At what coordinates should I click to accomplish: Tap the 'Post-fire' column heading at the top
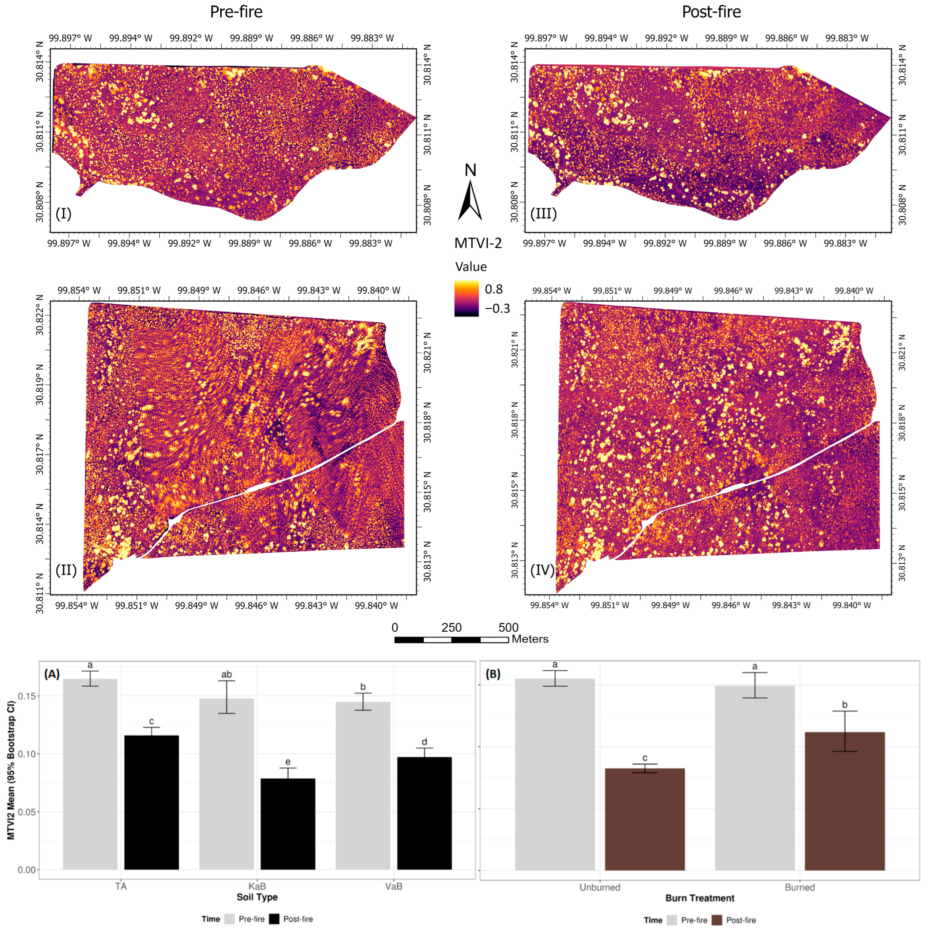pyautogui.click(x=711, y=11)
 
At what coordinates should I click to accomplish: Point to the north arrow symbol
pyautogui.click(x=470, y=200)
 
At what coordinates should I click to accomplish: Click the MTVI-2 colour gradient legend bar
pyautogui.click(x=466, y=299)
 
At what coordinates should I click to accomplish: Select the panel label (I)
pyautogui.click(x=64, y=213)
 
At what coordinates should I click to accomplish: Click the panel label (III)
pyautogui.click(x=544, y=213)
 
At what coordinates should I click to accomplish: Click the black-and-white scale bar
pyautogui.click(x=452, y=640)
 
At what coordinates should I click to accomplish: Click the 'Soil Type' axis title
pyautogui.click(x=257, y=897)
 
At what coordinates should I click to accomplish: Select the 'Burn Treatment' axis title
pyautogui.click(x=700, y=898)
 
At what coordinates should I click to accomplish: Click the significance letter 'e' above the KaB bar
pyautogui.click(x=288, y=762)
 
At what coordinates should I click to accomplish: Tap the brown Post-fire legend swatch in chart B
pyautogui.click(x=717, y=920)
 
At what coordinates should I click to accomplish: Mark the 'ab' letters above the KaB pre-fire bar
pyautogui.click(x=226, y=674)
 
